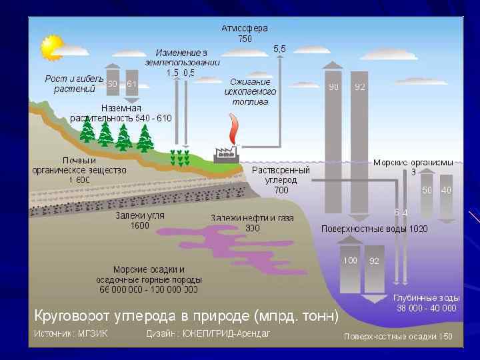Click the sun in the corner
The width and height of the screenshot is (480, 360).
pyautogui.click(x=51, y=47)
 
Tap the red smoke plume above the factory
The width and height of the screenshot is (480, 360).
pyautogui.click(x=233, y=130)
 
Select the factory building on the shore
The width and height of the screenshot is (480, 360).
pyautogui.click(x=226, y=155)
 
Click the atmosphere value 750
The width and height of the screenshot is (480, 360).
pyautogui.click(x=245, y=39)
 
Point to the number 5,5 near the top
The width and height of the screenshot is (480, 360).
pyautogui.click(x=280, y=49)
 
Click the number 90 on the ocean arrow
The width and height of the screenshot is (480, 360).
pyautogui.click(x=333, y=87)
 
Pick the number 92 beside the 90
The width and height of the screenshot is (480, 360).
pyautogui.click(x=360, y=87)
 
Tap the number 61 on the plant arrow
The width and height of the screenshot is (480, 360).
pyautogui.click(x=131, y=84)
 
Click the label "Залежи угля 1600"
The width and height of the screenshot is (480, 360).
pyautogui.click(x=140, y=221)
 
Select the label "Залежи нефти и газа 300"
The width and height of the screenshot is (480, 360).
pyautogui.click(x=252, y=223)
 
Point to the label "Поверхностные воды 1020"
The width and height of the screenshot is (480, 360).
pyautogui.click(x=374, y=229)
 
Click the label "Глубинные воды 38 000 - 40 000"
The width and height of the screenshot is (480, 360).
pyautogui.click(x=426, y=303)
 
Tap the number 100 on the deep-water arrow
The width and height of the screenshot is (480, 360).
pyautogui.click(x=350, y=261)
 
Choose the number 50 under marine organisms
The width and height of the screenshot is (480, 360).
pyautogui.click(x=427, y=190)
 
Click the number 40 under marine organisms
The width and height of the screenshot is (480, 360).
pyautogui.click(x=446, y=190)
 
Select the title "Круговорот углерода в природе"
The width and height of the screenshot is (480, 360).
pyautogui.click(x=186, y=314)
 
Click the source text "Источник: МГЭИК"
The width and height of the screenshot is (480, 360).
pyautogui.click(x=72, y=333)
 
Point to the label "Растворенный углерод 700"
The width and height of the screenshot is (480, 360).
pyautogui.click(x=281, y=180)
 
